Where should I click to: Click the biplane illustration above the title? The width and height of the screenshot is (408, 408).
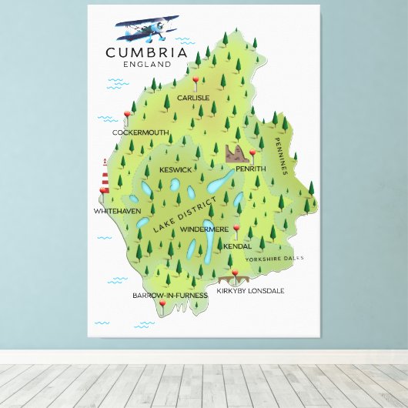click(x=147, y=30)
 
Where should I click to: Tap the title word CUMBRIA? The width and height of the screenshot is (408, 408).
click(x=146, y=53)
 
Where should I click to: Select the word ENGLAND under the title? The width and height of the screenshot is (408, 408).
click(x=146, y=65)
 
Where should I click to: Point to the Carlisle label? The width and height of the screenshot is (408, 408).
click(x=192, y=98)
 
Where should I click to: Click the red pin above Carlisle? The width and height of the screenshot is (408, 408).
click(x=196, y=80)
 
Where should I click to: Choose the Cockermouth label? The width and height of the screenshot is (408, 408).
click(x=140, y=132)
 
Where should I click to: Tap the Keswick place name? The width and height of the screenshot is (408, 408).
click(x=176, y=169)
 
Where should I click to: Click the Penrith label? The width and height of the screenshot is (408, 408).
click(x=250, y=169)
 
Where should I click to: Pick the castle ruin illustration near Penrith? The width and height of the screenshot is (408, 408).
click(x=236, y=153)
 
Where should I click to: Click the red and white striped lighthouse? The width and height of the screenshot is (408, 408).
click(x=104, y=176)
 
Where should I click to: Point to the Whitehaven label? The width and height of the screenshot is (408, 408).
click(x=117, y=210)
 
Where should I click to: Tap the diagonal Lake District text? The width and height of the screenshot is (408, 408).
click(x=179, y=216)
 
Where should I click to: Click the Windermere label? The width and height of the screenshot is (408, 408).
click(x=204, y=229)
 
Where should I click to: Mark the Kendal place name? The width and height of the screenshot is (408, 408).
click(x=237, y=246)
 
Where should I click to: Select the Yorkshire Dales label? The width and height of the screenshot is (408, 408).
click(x=275, y=259)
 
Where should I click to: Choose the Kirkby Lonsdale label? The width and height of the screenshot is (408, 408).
click(x=250, y=290)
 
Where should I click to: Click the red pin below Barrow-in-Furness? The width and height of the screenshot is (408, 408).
click(x=162, y=305)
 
